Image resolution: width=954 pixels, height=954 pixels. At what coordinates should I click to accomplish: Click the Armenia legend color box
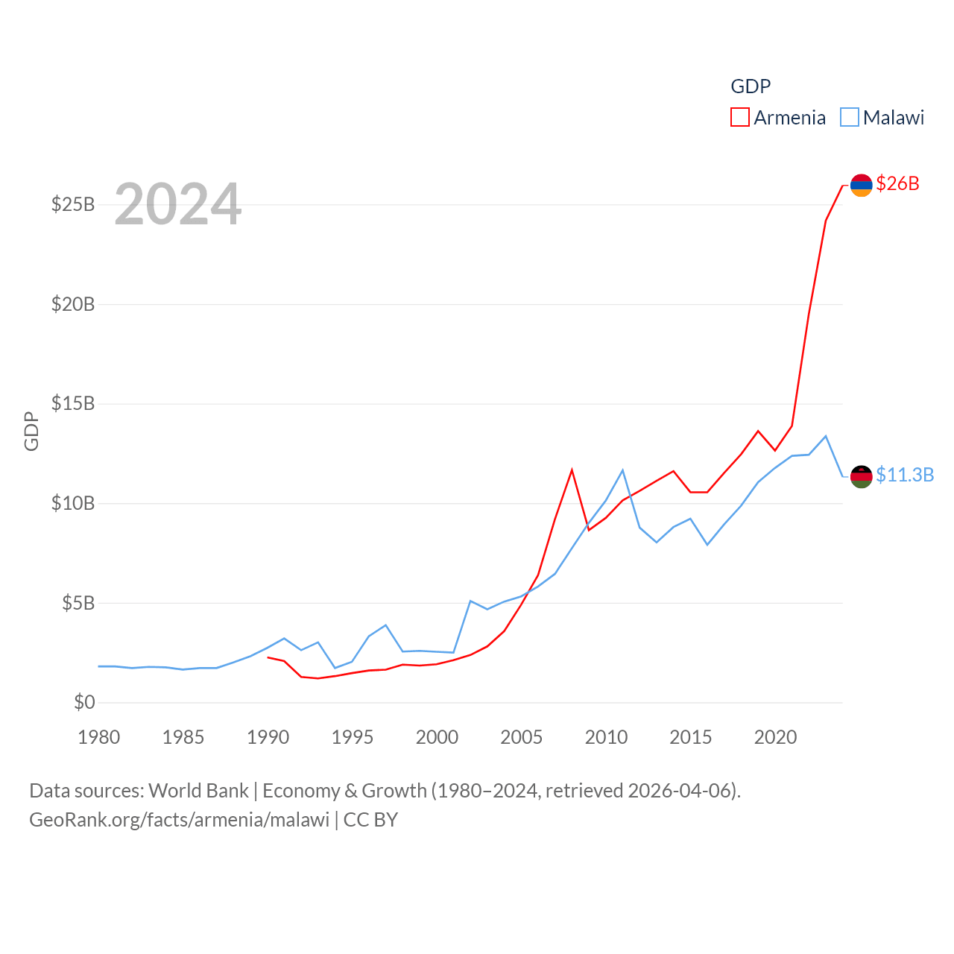(x=739, y=117)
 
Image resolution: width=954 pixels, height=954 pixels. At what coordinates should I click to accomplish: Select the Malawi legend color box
(x=849, y=117)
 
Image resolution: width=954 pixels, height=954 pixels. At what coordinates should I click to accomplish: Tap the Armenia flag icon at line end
(x=861, y=185)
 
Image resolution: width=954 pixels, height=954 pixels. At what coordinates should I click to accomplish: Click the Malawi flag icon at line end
(x=861, y=476)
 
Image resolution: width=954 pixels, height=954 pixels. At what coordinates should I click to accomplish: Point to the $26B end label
(x=897, y=183)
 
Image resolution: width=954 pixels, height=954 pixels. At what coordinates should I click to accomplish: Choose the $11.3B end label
(x=904, y=475)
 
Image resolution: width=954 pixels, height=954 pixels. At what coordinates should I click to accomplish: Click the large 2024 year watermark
(x=177, y=203)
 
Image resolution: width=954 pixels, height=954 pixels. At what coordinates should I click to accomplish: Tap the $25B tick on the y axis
(x=73, y=204)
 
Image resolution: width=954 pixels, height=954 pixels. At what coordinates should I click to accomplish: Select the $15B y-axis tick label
(x=73, y=403)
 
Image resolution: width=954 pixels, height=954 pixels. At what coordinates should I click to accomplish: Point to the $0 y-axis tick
(x=84, y=702)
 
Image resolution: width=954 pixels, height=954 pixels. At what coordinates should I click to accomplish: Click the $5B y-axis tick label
(x=78, y=602)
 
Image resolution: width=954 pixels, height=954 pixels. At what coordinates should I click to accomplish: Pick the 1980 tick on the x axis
(x=99, y=737)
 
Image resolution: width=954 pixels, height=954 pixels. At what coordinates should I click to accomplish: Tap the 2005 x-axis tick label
(x=522, y=737)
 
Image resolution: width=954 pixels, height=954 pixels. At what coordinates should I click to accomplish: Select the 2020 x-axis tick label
(x=775, y=737)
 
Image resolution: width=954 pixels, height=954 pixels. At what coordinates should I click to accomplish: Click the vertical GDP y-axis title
(x=31, y=431)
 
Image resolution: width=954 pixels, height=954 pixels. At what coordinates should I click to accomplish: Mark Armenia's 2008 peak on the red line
(x=572, y=470)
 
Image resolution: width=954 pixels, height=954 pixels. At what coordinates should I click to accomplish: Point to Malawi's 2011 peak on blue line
(x=622, y=470)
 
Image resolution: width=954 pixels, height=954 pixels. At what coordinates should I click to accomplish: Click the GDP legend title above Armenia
(x=751, y=86)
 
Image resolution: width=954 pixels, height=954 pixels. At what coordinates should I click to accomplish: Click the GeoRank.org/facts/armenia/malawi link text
(x=179, y=820)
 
